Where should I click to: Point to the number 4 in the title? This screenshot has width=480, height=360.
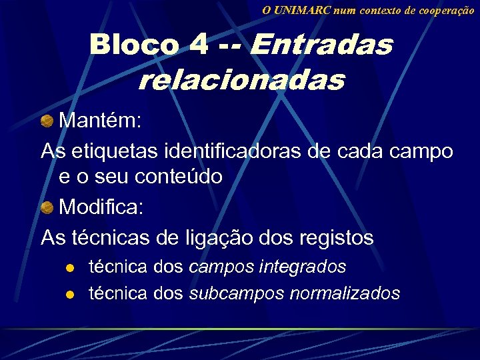(x=198, y=45)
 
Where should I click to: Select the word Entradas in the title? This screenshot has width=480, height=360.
(x=321, y=45)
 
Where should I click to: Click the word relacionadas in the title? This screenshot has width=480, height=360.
(x=241, y=81)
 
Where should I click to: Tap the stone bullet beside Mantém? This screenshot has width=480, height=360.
(x=47, y=121)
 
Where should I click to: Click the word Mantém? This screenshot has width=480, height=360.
(x=100, y=121)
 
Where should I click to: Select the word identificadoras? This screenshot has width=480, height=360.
(x=233, y=151)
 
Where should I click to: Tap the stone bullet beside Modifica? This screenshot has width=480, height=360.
(x=47, y=207)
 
